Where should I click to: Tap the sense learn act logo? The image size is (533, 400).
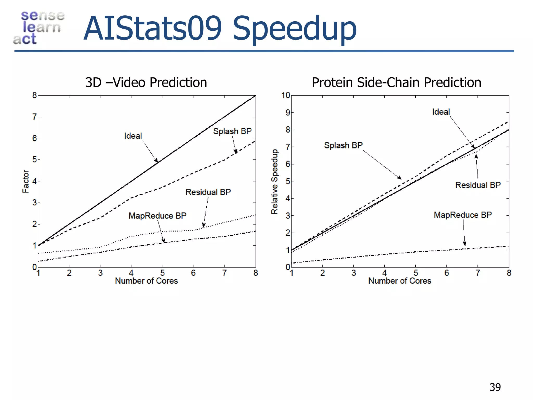point(39,27)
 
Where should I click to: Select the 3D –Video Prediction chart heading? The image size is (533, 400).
point(146,83)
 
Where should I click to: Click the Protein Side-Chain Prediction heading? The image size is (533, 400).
point(396,83)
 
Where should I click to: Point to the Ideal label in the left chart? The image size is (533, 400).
point(133,136)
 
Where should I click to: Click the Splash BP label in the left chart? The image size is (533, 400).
point(232,131)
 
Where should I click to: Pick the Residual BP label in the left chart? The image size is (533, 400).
point(208,192)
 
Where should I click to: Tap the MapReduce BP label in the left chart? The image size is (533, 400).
point(157,216)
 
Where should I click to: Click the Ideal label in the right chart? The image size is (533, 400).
point(441,112)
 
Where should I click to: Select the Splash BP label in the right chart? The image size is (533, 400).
point(343,145)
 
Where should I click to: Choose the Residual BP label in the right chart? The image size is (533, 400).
point(478,185)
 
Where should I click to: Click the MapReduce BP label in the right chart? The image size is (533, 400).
point(463,215)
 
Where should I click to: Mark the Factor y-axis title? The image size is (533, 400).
point(26,182)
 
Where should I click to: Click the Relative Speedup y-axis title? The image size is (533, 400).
point(275,182)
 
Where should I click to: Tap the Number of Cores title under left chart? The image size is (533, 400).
point(146,281)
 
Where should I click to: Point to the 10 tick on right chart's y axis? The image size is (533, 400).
point(285,96)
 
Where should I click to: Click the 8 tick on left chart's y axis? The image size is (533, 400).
point(35,96)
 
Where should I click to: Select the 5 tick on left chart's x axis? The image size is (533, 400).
point(162,273)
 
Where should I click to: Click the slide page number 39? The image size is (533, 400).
point(495,387)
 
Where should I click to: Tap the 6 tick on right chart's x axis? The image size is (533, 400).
point(447,273)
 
